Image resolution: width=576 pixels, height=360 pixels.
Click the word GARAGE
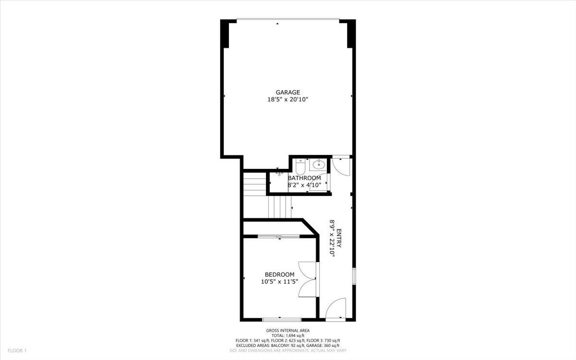click(x=288, y=92)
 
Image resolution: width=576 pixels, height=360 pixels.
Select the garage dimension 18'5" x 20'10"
click(x=288, y=100)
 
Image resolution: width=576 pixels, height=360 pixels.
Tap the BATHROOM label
click(x=304, y=178)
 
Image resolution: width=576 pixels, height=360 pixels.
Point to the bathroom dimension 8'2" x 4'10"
click(x=304, y=184)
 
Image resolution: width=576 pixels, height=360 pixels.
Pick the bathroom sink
click(x=318, y=165)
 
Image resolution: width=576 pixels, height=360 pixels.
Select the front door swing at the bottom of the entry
click(x=336, y=308)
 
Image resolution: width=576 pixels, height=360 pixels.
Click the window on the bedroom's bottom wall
click(x=282, y=319)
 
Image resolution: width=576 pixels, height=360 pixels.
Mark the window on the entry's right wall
click(x=354, y=276)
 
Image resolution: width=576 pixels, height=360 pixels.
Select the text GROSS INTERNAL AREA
click(x=288, y=330)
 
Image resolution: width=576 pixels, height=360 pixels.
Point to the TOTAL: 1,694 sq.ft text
click(x=288, y=335)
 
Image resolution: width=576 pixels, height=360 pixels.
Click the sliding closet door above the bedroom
click(x=279, y=236)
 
